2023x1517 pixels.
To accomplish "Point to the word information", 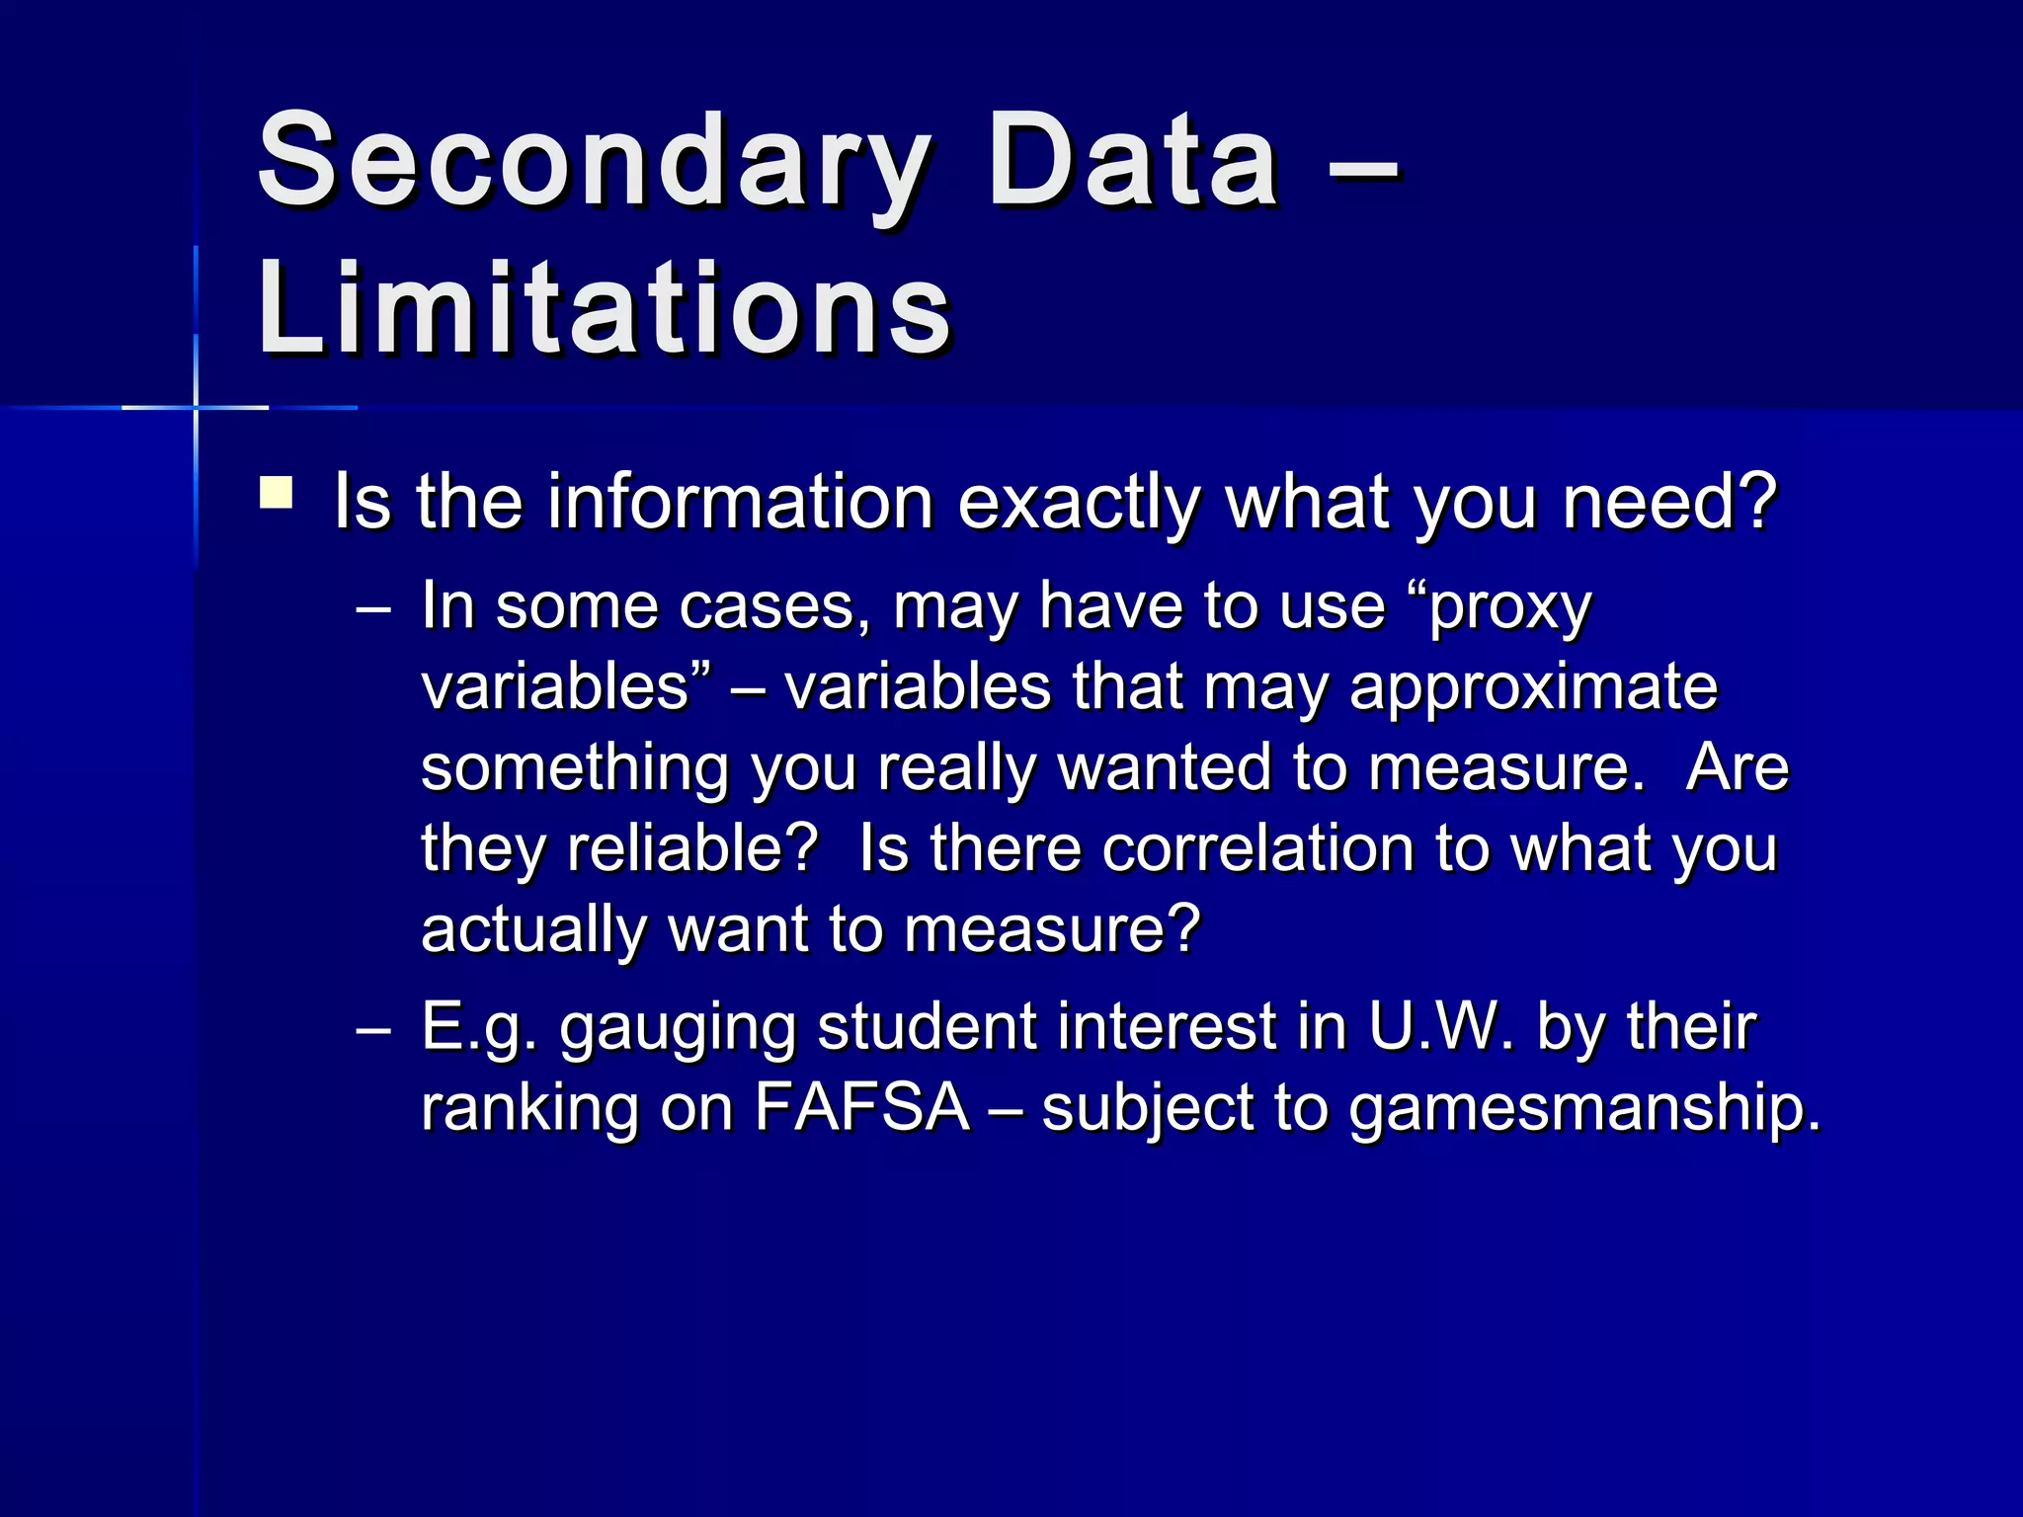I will [740, 502].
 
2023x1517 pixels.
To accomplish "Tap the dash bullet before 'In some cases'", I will [372, 609].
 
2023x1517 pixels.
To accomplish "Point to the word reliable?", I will [691, 848].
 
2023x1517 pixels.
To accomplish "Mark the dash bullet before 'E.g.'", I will [372, 1030].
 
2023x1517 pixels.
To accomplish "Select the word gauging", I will [678, 1027].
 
